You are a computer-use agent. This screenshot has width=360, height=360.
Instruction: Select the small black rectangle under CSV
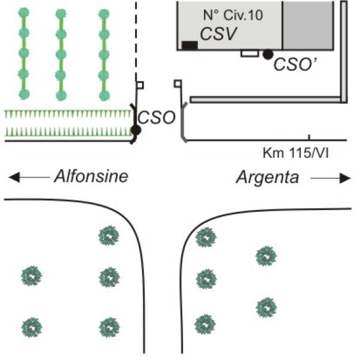tap(190, 45)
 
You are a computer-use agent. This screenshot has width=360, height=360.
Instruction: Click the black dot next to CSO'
tap(268, 54)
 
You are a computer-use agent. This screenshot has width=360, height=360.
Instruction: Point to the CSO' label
tap(295, 64)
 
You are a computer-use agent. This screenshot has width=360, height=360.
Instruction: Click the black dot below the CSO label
tap(136, 130)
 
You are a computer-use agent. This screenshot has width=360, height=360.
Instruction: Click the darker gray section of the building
tap(308, 25)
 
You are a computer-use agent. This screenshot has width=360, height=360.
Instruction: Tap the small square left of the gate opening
tap(140, 85)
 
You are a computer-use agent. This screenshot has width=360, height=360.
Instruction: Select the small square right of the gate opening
tap(178, 83)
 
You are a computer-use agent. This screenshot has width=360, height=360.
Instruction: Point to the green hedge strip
tap(66, 123)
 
